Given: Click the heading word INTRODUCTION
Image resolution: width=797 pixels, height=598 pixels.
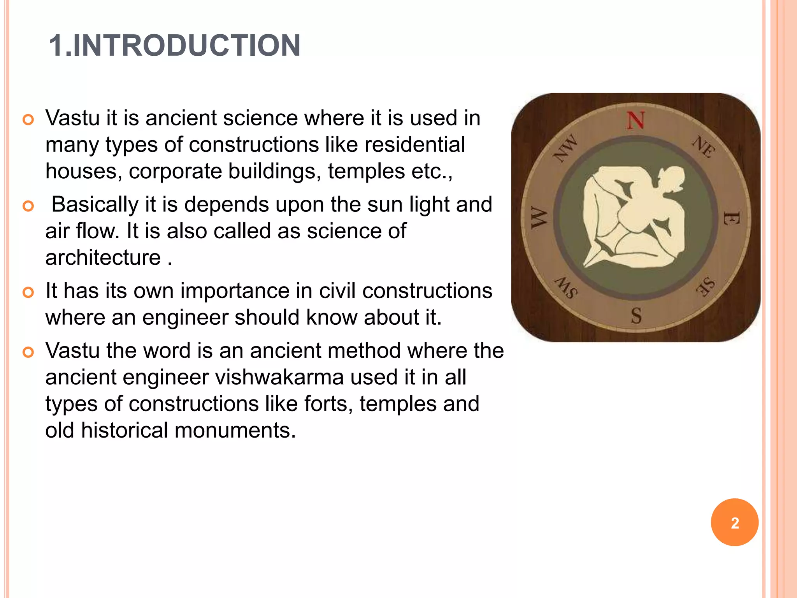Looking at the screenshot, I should (186, 46).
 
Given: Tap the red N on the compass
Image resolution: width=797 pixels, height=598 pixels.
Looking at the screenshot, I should (635, 120).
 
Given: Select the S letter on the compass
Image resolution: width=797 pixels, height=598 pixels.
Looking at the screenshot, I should (636, 316).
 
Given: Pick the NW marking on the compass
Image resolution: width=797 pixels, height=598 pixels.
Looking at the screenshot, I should (565, 148).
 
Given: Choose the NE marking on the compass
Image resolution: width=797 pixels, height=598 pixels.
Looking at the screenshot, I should (704, 146).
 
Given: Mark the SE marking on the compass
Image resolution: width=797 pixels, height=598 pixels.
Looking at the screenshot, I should (705, 287).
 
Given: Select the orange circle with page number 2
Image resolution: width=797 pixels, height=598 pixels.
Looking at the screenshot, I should (734, 522).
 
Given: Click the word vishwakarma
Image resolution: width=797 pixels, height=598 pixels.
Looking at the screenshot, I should (279, 377).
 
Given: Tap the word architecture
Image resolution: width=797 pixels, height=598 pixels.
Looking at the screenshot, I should (103, 258).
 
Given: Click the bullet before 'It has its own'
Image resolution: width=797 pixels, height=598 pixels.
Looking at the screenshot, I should (28, 292).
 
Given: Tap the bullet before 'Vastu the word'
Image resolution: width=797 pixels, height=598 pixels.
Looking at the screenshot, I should (28, 352).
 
